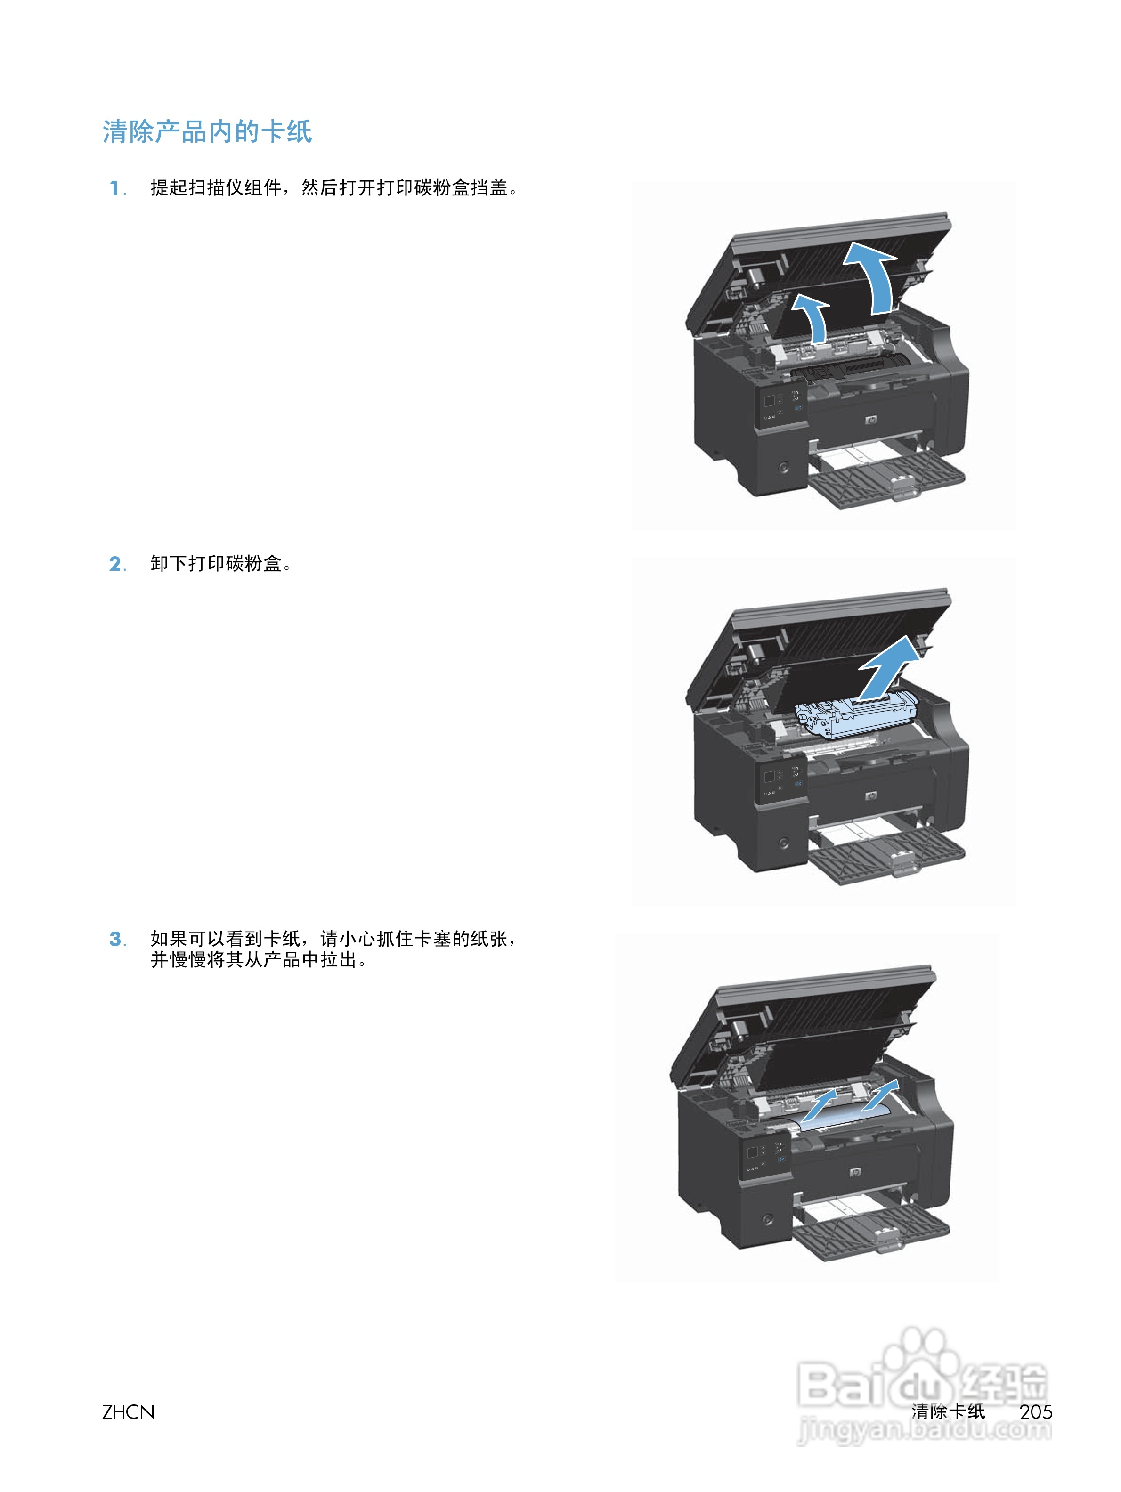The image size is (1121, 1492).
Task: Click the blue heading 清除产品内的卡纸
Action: pyautogui.click(x=207, y=132)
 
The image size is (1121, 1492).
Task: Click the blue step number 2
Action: pyautogui.click(x=115, y=564)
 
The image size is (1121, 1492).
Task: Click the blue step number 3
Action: pyautogui.click(x=115, y=939)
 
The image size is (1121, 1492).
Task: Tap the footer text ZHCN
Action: pyautogui.click(x=128, y=1412)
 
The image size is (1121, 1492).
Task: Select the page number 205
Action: pyautogui.click(x=1035, y=1412)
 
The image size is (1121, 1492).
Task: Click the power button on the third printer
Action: pyautogui.click(x=767, y=1219)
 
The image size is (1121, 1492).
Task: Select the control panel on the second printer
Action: pyautogui.click(x=781, y=782)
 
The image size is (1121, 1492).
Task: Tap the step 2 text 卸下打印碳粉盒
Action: pyautogui.click(x=216, y=564)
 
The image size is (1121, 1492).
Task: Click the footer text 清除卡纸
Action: pyautogui.click(x=948, y=1412)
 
